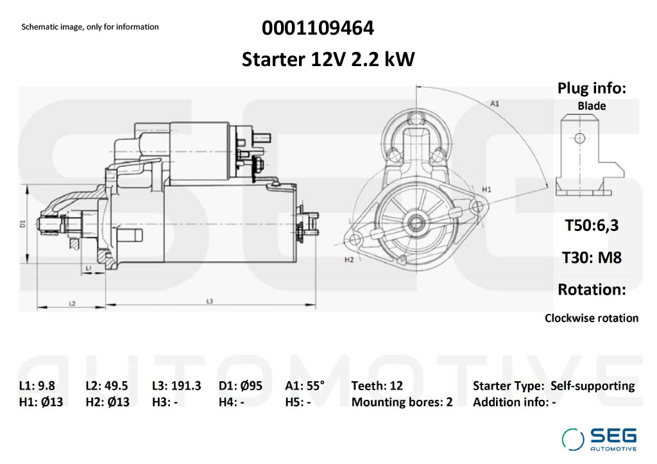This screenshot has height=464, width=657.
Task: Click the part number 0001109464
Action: click(x=318, y=28)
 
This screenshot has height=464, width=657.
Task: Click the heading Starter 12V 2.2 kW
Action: click(x=328, y=59)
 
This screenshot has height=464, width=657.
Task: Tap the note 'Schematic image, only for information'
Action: click(x=90, y=27)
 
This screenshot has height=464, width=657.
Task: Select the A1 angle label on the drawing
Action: click(x=495, y=103)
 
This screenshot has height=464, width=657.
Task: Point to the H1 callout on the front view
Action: click(x=486, y=189)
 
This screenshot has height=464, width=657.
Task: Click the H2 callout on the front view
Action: click(x=349, y=260)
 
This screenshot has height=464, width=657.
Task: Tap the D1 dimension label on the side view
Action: click(x=22, y=224)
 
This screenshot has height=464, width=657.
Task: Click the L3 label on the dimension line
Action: click(x=210, y=301)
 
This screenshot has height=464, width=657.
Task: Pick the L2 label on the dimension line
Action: click(x=72, y=303)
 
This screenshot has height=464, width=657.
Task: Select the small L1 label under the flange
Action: click(x=89, y=268)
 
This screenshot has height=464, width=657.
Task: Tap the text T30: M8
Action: click(x=592, y=257)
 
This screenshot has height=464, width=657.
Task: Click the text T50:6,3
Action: click(x=592, y=225)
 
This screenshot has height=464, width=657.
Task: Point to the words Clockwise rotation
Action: click(x=592, y=318)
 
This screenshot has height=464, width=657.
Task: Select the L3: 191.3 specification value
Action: click(x=176, y=386)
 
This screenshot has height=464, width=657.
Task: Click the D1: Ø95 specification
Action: click(x=241, y=386)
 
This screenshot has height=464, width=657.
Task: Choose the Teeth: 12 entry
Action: click(x=377, y=386)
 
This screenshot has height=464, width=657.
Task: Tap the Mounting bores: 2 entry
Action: click(x=402, y=402)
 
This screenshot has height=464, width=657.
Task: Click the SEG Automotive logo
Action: click(x=599, y=439)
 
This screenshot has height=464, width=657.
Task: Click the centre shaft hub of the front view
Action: click(x=416, y=223)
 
